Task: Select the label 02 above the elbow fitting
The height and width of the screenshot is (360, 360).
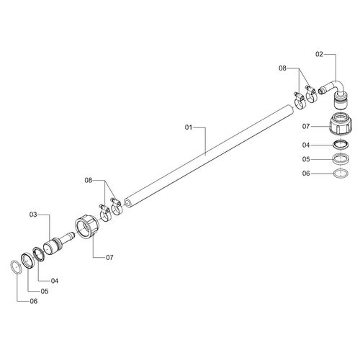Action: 320,54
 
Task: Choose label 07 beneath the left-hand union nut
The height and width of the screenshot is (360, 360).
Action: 110,257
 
